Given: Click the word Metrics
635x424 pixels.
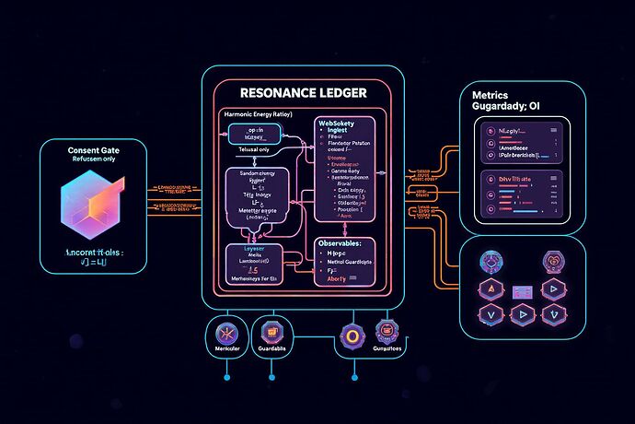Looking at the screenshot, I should point(491,95).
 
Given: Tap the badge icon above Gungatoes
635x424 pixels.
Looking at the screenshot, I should point(387,331).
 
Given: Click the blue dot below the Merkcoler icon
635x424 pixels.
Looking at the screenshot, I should point(225,376).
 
